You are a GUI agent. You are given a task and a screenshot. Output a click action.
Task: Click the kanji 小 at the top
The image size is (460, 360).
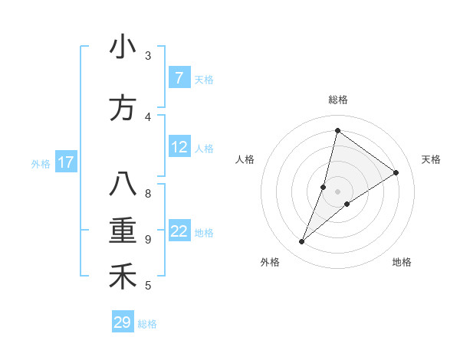[123, 47]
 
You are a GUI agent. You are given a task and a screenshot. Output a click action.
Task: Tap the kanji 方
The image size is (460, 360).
[123, 108]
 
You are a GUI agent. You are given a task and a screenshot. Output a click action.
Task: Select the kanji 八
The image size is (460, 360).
[123, 185]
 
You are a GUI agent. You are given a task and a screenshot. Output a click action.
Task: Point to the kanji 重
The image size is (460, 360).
[123, 231]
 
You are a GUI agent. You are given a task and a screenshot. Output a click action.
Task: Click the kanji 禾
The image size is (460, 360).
[123, 277]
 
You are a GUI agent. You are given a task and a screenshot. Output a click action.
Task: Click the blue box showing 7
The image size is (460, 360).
[179, 78]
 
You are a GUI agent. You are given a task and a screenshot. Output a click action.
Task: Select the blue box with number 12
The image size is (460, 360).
[179, 148]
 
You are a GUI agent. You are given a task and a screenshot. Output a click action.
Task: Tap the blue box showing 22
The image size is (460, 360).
[179, 232]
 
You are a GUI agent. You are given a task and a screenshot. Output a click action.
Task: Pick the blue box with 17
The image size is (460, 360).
[66, 162]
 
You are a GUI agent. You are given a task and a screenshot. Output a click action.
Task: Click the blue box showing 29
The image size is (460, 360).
[123, 322]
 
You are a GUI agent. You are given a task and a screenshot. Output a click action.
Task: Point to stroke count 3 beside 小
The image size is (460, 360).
[148, 56]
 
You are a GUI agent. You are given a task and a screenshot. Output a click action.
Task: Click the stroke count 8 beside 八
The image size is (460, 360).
[148, 193]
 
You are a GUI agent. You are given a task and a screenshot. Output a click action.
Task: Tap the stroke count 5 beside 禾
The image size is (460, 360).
[148, 286]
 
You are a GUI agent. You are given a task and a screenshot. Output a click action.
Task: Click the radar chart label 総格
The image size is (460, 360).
[338, 100]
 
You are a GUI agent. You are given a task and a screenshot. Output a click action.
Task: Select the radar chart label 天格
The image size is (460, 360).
[431, 159]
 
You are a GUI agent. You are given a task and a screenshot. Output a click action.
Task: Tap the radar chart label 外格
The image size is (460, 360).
[270, 262]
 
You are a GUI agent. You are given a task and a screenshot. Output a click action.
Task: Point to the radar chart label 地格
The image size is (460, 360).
[402, 262]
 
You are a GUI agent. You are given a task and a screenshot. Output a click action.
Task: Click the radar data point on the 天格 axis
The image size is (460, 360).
[396, 172]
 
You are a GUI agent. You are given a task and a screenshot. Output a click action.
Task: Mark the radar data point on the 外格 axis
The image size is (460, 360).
[302, 242]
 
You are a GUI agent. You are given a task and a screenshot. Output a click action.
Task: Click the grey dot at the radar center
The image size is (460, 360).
[338, 191]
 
